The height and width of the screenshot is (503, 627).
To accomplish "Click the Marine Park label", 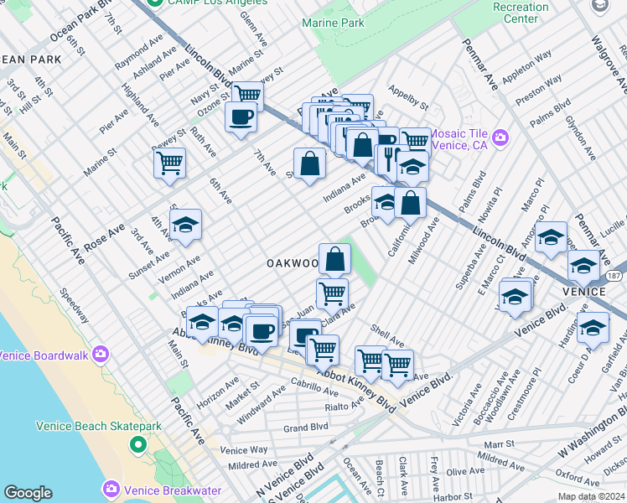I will click(x=333, y=23).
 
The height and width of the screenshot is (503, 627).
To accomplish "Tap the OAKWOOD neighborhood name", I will click(x=293, y=263).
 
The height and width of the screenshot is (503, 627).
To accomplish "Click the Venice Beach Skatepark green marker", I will click(x=135, y=443).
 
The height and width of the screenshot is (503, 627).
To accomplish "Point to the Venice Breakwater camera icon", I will click(x=110, y=488).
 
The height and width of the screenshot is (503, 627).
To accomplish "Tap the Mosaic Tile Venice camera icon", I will click(x=500, y=137).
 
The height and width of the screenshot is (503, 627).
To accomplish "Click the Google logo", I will click(x=28, y=493).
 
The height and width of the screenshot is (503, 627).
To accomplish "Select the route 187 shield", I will click(x=615, y=275).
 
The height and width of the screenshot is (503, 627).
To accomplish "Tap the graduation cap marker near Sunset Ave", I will click(x=186, y=225).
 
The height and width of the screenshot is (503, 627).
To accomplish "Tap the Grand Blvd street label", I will click(x=305, y=428).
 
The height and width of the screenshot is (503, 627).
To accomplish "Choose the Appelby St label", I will click(x=407, y=97).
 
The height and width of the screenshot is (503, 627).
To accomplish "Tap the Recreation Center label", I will click(x=521, y=13).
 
